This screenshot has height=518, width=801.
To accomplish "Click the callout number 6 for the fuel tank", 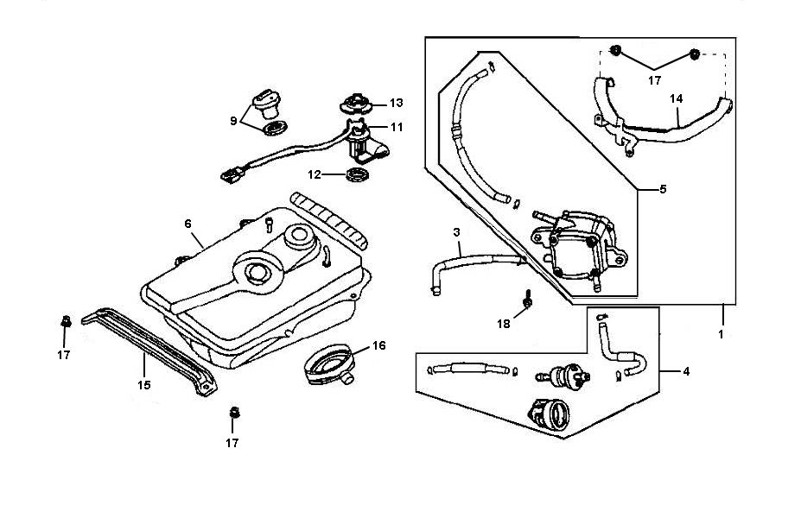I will click(188, 224).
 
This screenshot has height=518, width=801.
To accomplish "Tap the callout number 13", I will click(396, 103).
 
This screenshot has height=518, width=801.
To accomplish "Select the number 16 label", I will click(378, 345).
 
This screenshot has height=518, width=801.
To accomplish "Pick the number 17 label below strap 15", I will click(232, 443).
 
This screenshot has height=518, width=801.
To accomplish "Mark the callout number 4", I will click(685, 372).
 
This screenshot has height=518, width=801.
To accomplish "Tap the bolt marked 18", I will click(526, 300).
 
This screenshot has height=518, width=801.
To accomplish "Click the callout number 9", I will click(233, 121).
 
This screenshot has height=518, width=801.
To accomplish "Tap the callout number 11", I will click(396, 127).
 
